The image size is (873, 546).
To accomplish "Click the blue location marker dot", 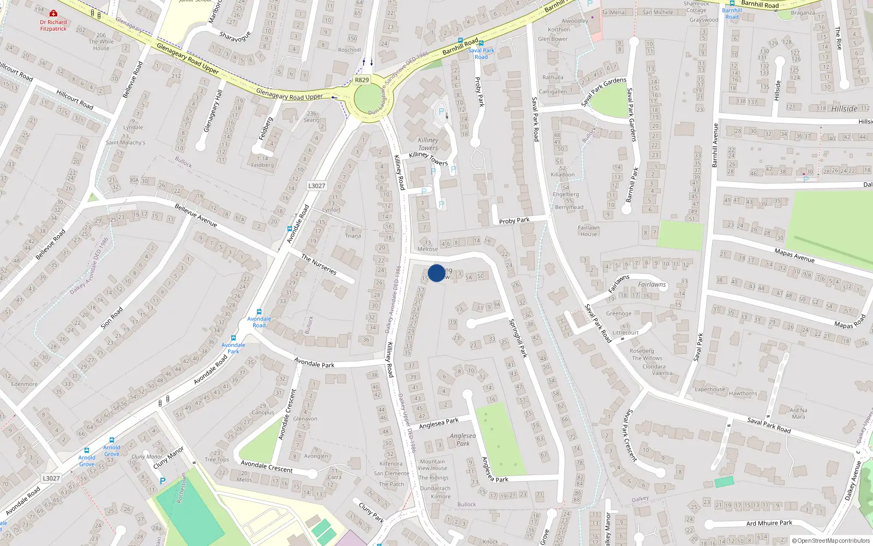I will [x=436, y=273].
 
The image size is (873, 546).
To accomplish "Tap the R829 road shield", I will [x=362, y=80].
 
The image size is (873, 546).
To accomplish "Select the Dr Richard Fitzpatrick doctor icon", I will [x=53, y=13].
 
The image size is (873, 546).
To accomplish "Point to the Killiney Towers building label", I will [x=428, y=144].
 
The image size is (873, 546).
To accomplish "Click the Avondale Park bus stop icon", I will [x=234, y=338].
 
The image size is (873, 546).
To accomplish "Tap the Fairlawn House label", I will [x=589, y=230].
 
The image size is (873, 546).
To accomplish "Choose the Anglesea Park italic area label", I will [x=463, y=439].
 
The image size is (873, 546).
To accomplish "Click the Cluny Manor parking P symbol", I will [x=162, y=481].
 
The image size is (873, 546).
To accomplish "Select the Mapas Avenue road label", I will [x=794, y=254].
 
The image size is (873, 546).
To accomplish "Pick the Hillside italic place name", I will [x=844, y=109].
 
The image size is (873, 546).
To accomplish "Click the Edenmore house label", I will [x=25, y=384].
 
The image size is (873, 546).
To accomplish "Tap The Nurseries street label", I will [x=319, y=264].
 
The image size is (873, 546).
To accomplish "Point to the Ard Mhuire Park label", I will [x=769, y=523].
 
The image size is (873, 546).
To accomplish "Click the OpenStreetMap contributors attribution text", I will [x=831, y=541].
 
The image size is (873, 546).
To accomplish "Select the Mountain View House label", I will [x=432, y=465].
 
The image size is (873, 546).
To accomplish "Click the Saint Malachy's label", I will [x=125, y=143].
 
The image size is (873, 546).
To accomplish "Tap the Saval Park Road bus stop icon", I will [x=481, y=43].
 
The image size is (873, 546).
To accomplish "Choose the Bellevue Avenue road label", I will [x=196, y=215].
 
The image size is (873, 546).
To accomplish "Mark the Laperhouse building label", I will [x=710, y=389].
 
